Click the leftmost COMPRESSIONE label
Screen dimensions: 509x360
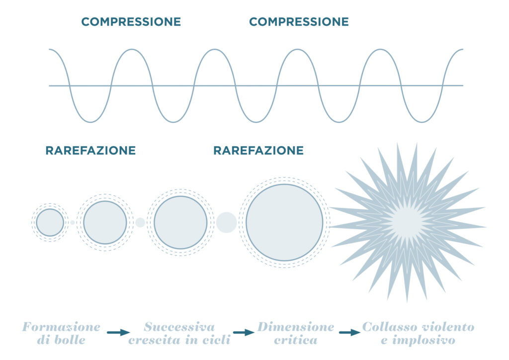click(131, 22)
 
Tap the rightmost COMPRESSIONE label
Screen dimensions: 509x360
click(299, 22)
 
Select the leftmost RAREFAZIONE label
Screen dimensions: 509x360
click(90, 150)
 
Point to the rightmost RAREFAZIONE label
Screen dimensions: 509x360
click(258, 150)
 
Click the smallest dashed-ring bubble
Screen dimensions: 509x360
click(50, 222)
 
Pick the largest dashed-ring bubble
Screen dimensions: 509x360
click(284, 222)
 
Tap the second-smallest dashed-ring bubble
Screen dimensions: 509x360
click(105, 222)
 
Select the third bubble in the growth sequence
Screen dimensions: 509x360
click(180, 222)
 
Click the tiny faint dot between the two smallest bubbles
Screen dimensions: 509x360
click(73, 222)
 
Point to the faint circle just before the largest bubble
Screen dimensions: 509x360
click(226, 222)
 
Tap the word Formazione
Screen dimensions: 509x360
click(61, 327)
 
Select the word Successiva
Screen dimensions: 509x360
click(179, 327)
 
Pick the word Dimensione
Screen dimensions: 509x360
click(296, 327)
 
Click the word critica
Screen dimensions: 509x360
click(296, 340)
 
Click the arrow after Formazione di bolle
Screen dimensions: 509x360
click(118, 333)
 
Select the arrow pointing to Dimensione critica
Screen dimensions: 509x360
click(244, 333)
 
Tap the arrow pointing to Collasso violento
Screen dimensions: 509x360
click(350, 333)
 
